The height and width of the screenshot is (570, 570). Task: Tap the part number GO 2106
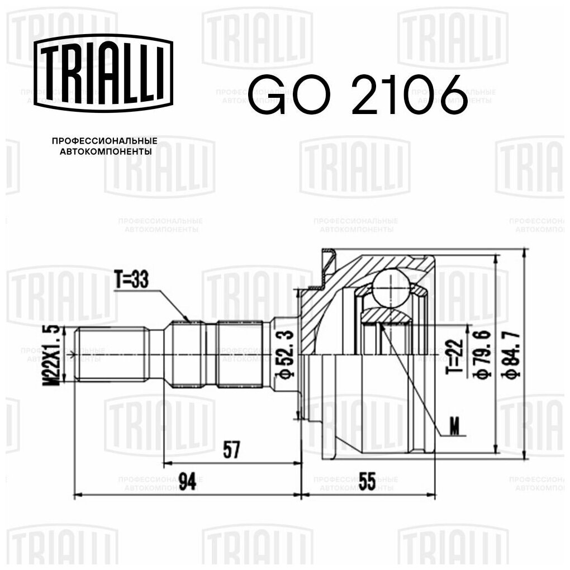point(358,94)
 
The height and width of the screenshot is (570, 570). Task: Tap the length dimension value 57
point(231,450)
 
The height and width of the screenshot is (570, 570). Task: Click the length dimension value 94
point(188,481)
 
